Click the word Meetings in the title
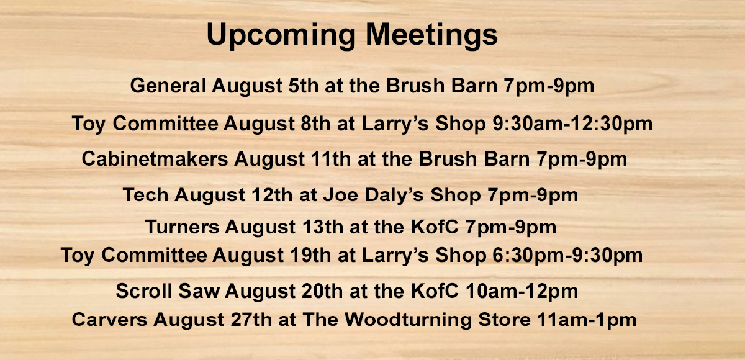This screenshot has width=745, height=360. pyautogui.click(x=431, y=35)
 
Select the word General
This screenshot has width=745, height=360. pyautogui.click(x=168, y=86)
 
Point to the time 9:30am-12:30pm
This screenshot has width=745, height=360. pyautogui.click(x=572, y=124)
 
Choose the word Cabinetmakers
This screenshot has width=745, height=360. pyautogui.click(x=155, y=158)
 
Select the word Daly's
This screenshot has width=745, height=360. pyautogui.click(x=394, y=195)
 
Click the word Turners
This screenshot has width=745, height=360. pyautogui.click(x=183, y=227)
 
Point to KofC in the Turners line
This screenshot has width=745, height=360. pyautogui.click(x=435, y=227)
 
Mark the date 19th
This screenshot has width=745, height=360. pyautogui.click(x=310, y=255)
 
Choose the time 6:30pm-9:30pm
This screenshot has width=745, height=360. pyautogui.click(x=567, y=256)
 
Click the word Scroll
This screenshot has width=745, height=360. pyautogui.click(x=144, y=291)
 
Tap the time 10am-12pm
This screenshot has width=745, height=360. pyautogui.click(x=521, y=292)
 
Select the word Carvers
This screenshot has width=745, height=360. pyautogui.click(x=109, y=320)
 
